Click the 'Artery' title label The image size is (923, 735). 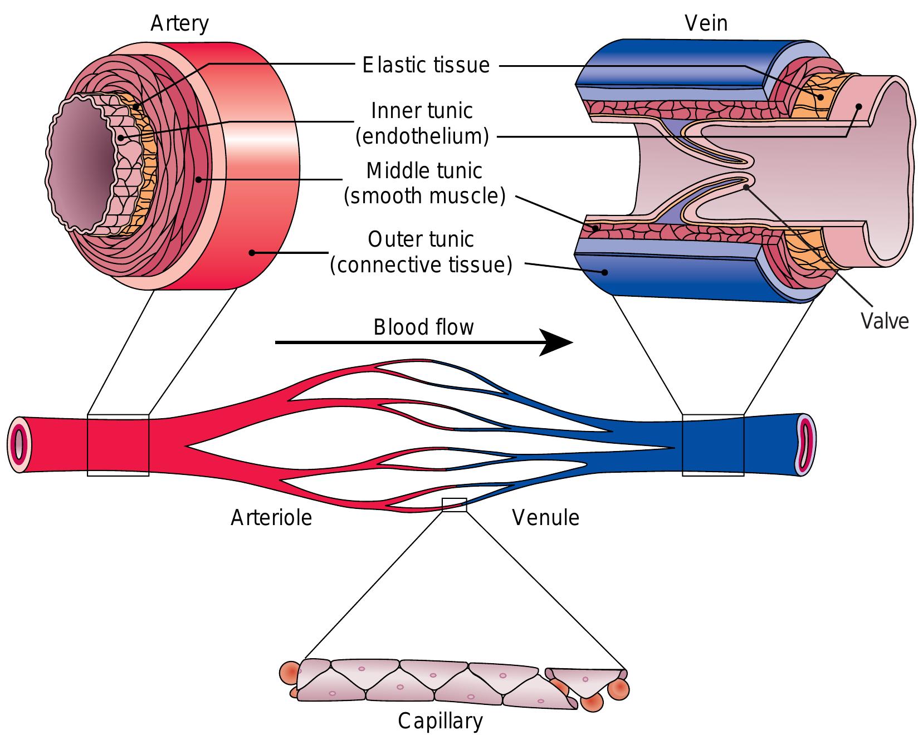pos(179,24)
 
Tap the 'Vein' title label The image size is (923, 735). pos(706,23)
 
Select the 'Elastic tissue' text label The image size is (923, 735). pos(426,65)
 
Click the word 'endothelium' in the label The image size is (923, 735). pos(422,136)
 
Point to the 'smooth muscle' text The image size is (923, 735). pos(424,196)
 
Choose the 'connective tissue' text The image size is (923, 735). pos(421,265)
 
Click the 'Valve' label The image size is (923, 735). pos(884,321)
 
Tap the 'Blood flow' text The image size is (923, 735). pos(423,327)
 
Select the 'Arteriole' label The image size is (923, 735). pos(271,518)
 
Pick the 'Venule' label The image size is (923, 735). pos(545,518)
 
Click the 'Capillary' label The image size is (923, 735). pos(439,721)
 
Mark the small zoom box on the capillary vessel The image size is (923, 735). pos(454,504)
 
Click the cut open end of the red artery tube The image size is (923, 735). pos(19,445)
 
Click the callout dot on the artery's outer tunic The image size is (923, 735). pos(252,253)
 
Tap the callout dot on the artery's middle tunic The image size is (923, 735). pos(199,179)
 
